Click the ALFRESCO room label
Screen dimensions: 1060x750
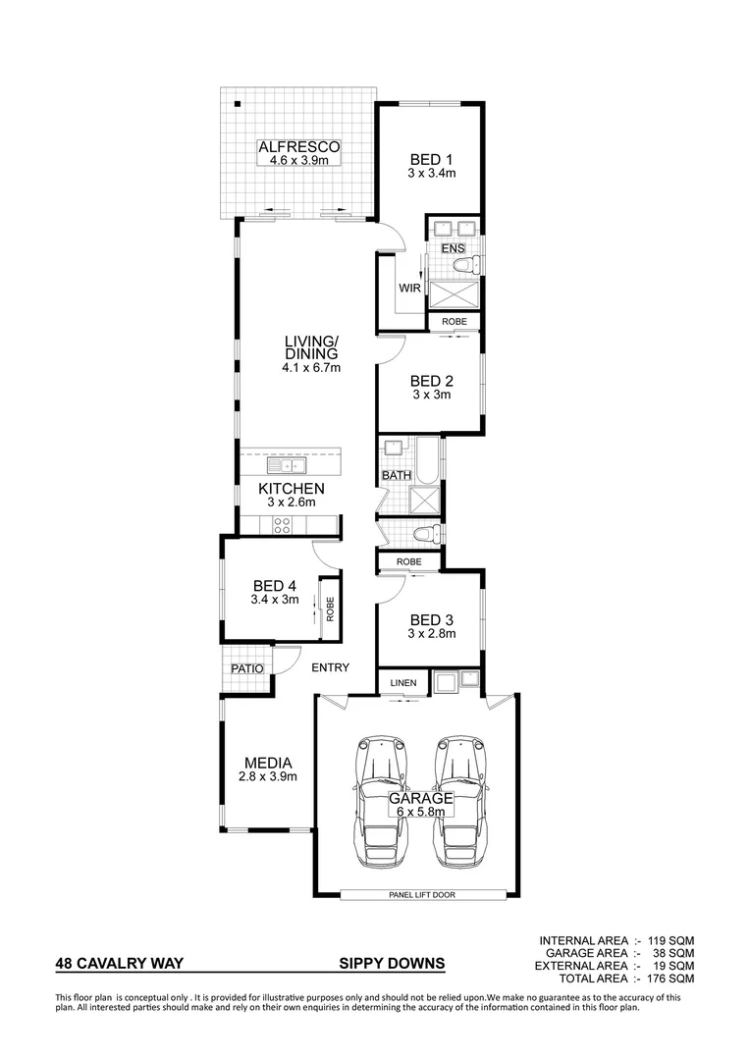point(297,147)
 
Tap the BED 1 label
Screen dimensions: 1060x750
point(432,159)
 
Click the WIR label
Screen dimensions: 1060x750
point(409,288)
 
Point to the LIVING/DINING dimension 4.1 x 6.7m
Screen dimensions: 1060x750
point(310,368)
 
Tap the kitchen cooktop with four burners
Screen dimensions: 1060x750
point(282,525)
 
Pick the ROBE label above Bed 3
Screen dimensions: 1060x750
point(409,561)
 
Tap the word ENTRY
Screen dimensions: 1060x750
point(330,667)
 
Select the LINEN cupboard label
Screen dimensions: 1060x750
point(403,682)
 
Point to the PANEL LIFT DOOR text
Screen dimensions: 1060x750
point(423,894)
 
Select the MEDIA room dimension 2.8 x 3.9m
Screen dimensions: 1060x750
point(267,776)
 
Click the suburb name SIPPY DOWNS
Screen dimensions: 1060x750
point(392,964)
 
